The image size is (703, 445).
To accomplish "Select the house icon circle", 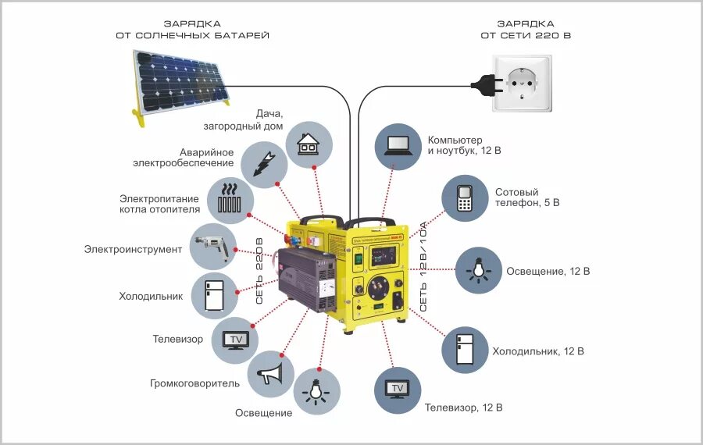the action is tap(309, 144).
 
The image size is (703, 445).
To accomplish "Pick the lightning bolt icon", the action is tap(262, 161).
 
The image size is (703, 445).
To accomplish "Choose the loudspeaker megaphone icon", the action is tap(270, 374).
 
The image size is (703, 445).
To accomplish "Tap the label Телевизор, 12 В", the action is tap(463, 408).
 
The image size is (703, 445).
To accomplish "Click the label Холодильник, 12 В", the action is tap(538, 351).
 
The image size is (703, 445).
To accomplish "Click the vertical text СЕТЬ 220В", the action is tap(260, 269).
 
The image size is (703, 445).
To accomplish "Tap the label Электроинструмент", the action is tap(133, 250).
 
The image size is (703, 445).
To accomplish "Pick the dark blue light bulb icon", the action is tap(478, 270).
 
